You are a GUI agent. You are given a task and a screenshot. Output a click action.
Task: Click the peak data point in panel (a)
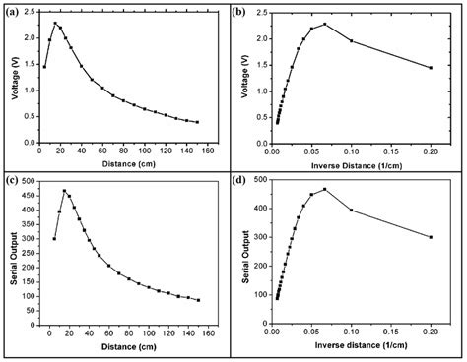[55, 23]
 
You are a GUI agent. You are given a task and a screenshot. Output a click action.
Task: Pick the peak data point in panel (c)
[65, 191]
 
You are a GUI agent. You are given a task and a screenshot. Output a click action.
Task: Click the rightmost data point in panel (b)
[431, 67]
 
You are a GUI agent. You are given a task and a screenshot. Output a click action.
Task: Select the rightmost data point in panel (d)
[431, 237]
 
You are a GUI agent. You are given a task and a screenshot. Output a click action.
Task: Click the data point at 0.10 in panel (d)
[352, 210]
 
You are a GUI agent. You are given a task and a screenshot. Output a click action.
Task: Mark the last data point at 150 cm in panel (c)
[198, 300]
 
